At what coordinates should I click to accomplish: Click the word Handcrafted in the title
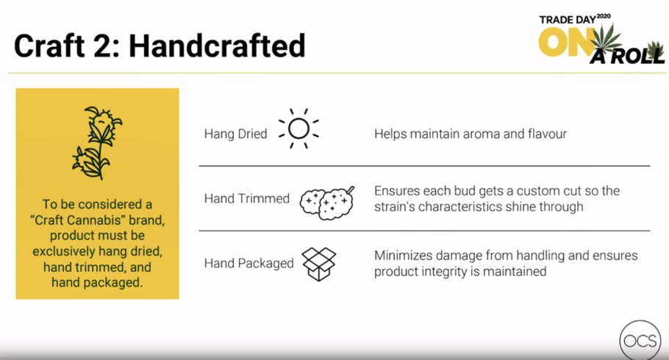217,46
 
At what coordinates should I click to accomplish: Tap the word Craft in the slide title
49,46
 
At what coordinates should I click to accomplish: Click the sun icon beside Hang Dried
298,129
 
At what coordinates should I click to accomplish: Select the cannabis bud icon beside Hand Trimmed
327,203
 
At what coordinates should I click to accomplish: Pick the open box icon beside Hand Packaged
319,264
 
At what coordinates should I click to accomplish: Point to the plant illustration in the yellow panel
97,143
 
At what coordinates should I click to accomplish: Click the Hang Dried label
235,134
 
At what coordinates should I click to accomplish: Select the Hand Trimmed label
246,198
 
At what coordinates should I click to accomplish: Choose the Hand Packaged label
248,263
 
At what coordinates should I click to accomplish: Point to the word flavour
548,134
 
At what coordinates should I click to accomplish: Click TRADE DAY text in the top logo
567,20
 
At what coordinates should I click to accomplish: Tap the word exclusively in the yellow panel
64,251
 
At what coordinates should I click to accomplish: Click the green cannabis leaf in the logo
607,39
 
